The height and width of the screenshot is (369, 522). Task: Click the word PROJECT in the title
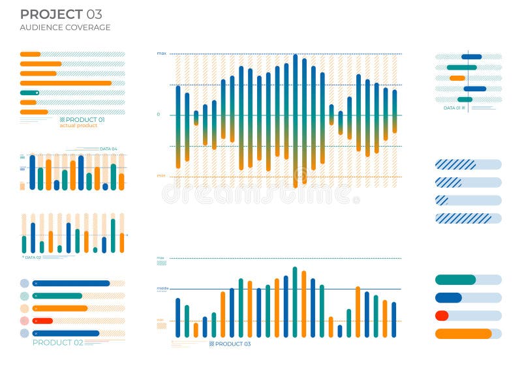[52, 14]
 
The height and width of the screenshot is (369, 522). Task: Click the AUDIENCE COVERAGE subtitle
[65, 27]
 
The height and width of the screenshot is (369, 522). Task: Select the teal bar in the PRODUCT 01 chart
[29, 93]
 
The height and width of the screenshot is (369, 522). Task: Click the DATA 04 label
[108, 149]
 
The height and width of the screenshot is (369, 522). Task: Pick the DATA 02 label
[33, 258]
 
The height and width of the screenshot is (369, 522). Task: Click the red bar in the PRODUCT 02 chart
[42, 321]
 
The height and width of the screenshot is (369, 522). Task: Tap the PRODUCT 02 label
[57, 342]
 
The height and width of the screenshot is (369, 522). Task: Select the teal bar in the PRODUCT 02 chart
[57, 296]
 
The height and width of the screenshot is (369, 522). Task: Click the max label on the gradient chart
[161, 53]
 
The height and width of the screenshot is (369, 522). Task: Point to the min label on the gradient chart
[161, 175]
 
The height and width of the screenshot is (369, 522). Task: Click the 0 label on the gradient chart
[158, 115]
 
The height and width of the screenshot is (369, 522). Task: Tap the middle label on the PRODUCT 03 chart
[162, 288]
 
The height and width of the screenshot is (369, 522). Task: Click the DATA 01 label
[453, 108]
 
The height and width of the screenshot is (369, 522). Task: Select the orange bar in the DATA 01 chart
[457, 78]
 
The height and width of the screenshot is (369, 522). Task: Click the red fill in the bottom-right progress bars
[442, 316]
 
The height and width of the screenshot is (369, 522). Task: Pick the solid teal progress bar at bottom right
[455, 280]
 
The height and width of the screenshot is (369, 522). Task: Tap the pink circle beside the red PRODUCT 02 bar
[25, 321]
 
